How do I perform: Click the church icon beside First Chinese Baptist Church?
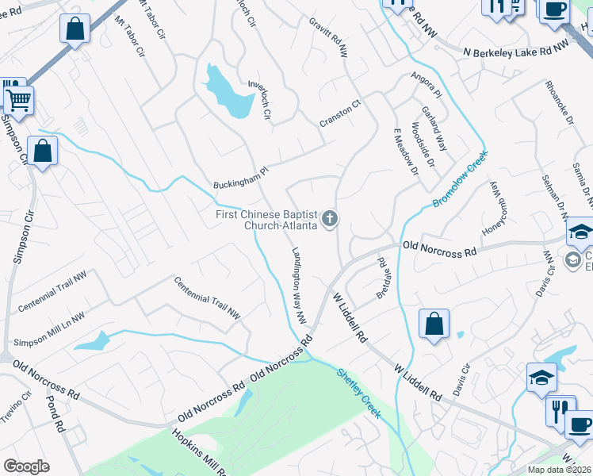point(330,219)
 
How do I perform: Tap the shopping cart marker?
point(17,100)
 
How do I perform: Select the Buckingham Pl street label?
point(242,177)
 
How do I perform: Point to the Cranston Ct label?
point(340,113)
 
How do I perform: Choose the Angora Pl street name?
point(426,86)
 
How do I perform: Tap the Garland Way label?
point(434,129)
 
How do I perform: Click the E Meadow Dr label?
point(405,149)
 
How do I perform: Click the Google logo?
point(26,466)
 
